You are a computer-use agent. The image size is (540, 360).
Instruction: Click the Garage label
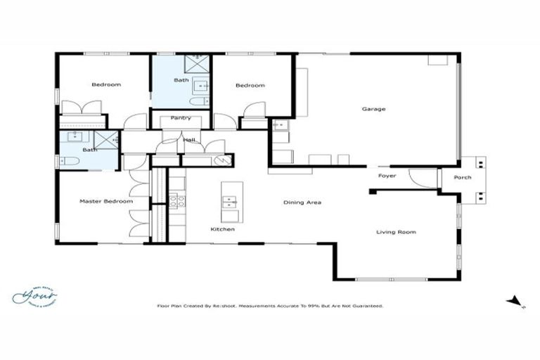click(373, 109)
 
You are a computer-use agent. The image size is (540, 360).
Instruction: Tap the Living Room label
click(396, 232)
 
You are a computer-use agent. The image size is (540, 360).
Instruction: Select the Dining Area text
click(302, 202)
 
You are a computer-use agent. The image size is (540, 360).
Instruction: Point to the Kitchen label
click(223, 229)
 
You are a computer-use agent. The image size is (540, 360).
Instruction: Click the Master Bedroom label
click(105, 202)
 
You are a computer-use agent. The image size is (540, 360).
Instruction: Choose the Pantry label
click(181, 118)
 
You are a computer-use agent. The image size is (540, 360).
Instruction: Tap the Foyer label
click(387, 175)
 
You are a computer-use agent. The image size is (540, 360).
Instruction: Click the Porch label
click(462, 177)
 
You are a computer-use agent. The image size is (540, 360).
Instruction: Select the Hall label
click(189, 141)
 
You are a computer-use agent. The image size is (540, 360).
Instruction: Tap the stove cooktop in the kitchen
click(176, 200)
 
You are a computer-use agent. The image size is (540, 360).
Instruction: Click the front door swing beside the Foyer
click(423, 179)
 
